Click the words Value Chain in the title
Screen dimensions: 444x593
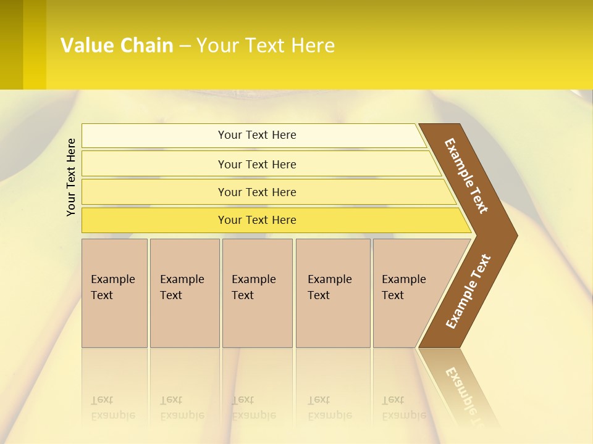point(117,45)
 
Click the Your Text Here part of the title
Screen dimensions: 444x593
point(266,45)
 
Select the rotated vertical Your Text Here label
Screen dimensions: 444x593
point(71,177)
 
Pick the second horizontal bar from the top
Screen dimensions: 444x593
point(257,164)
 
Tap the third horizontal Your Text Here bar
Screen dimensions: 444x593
point(257,192)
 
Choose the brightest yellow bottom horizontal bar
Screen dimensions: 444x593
point(257,220)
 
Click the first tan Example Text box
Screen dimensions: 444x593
point(114,292)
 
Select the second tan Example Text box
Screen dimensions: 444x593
point(185,292)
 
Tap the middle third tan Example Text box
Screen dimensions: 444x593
point(257,292)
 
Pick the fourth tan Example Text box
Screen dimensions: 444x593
point(332,292)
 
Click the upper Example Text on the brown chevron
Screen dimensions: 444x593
point(466,176)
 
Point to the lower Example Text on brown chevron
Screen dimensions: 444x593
point(468,292)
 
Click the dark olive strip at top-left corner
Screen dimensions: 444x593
point(11,44)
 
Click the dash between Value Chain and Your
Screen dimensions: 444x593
point(185,46)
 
